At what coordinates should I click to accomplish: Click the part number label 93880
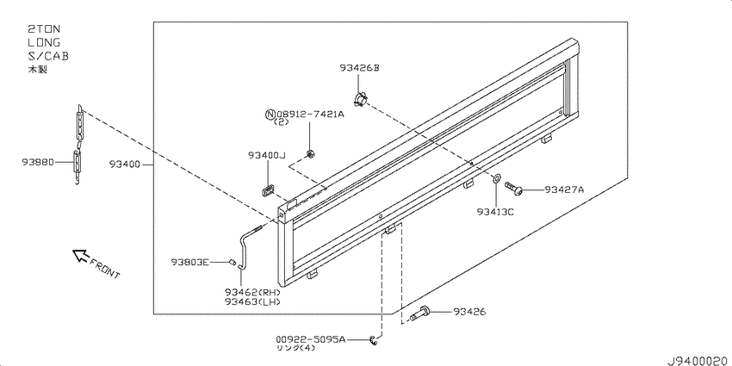(x=37, y=162)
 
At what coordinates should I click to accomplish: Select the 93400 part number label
(x=125, y=164)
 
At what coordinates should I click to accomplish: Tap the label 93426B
(x=359, y=68)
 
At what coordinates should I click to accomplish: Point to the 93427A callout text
(x=564, y=189)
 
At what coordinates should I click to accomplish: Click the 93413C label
(x=495, y=212)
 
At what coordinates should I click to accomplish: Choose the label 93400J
(x=266, y=155)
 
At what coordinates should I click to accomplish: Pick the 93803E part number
(x=189, y=262)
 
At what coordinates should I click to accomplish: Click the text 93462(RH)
(x=252, y=292)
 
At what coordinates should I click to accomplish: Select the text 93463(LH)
(x=252, y=301)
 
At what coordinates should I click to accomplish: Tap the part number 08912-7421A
(x=310, y=114)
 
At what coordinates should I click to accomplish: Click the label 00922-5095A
(x=310, y=340)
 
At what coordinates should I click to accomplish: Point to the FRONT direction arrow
(x=80, y=255)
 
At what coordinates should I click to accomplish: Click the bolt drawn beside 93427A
(x=513, y=188)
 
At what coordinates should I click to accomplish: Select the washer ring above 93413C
(x=496, y=177)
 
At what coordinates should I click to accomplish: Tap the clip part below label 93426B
(x=360, y=98)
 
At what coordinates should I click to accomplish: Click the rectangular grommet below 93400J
(x=268, y=190)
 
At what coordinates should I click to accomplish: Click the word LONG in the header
(x=44, y=42)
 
